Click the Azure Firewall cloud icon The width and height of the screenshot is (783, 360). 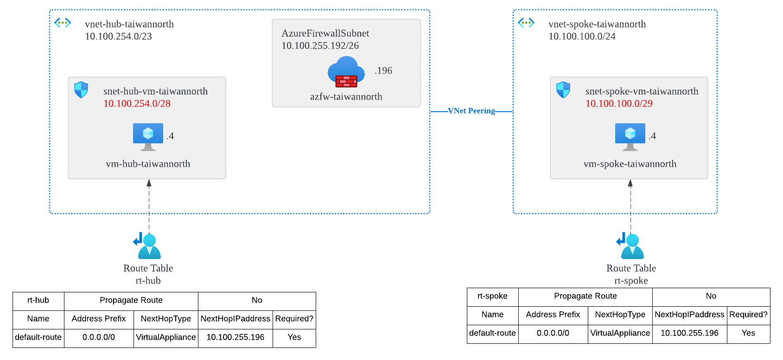[x=346, y=72]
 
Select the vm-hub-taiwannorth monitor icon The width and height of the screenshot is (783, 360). [x=148, y=136]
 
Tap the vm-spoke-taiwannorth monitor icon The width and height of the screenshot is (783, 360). [x=630, y=136]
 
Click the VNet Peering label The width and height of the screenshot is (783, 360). [x=471, y=111]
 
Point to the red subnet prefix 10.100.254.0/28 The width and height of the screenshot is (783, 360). [x=137, y=104]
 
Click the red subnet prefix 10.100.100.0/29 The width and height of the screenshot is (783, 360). [x=619, y=104]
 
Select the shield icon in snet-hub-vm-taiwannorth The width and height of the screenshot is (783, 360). [x=81, y=90]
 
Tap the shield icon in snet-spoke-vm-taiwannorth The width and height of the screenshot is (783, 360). [x=563, y=90]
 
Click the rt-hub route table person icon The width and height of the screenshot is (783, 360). [x=148, y=246]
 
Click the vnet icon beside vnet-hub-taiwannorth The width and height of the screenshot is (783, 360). [x=63, y=23]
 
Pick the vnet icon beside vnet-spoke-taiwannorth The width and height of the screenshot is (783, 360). [x=526, y=23]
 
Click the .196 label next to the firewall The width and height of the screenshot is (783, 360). [x=383, y=71]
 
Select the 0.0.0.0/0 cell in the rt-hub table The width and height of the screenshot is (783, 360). [x=99, y=337]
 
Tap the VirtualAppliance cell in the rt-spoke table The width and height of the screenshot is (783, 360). [x=620, y=333]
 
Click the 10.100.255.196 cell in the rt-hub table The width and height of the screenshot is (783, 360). [x=235, y=337]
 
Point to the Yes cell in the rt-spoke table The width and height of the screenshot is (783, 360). [x=748, y=333]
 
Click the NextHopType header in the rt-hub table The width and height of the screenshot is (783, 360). [x=166, y=319]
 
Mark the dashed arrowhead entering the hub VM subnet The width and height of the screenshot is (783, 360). [x=149, y=183]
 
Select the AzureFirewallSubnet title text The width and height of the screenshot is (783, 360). [x=325, y=33]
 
